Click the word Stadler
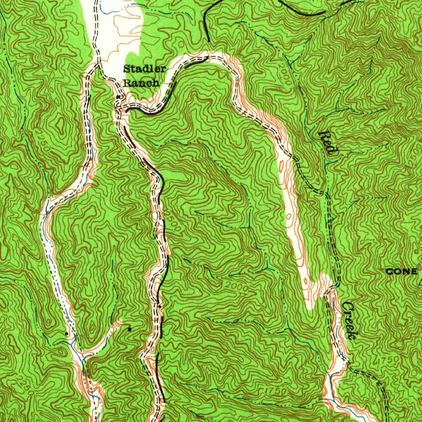(x=144, y=69)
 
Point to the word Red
(x=328, y=142)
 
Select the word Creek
(x=349, y=321)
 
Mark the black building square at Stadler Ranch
(x=118, y=97)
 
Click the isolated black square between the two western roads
(x=129, y=329)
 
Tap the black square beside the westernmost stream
(x=66, y=332)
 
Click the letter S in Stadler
(x=127, y=69)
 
